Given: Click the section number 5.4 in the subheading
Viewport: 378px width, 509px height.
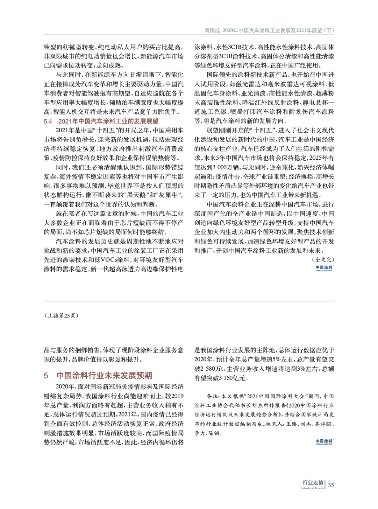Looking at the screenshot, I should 48,121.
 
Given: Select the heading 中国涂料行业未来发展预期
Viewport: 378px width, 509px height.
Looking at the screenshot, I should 104,375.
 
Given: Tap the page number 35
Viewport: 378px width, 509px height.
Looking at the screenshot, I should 331,485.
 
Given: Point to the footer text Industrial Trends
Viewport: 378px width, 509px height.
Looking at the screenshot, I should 312,488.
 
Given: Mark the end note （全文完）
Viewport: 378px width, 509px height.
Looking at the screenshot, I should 323,260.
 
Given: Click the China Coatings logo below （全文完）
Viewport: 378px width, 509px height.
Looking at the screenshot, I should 324,268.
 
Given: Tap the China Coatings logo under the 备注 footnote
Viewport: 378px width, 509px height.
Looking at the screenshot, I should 324,442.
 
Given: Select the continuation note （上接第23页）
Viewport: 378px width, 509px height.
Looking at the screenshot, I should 61,316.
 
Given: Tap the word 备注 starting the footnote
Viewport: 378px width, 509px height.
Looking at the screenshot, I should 212,396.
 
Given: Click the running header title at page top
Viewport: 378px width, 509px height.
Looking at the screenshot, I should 269,31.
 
